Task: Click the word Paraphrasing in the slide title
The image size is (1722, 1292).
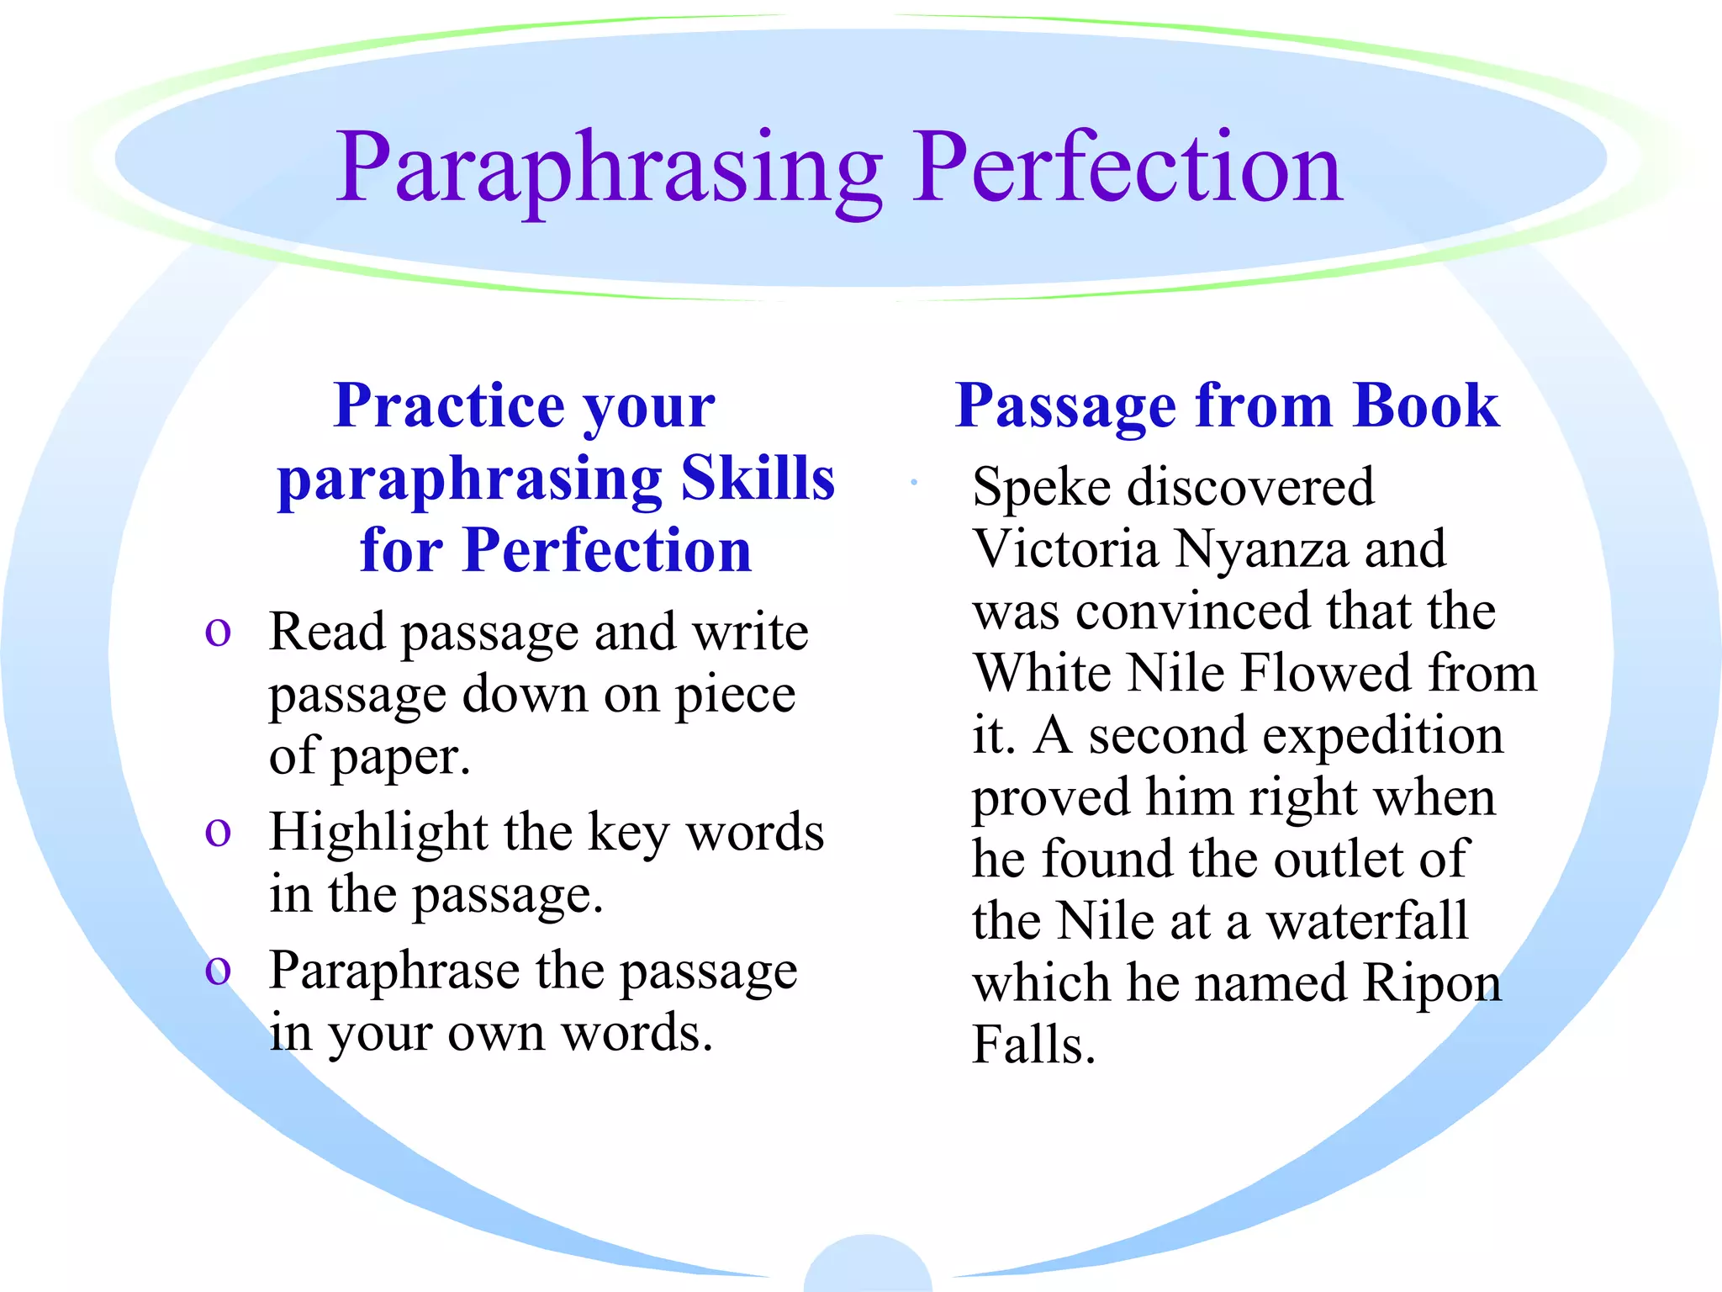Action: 609,168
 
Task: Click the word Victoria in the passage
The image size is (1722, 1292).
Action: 1065,548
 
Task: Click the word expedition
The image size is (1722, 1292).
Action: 1380,735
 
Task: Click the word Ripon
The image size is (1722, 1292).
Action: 1432,982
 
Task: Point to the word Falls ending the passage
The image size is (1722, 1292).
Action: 1033,1045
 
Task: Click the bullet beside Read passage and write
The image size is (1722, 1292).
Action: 218,633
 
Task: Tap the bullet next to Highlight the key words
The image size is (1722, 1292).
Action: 218,833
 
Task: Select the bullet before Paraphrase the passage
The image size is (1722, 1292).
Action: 218,972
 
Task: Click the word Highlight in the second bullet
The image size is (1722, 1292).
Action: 378,833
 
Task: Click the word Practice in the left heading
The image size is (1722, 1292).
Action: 449,405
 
